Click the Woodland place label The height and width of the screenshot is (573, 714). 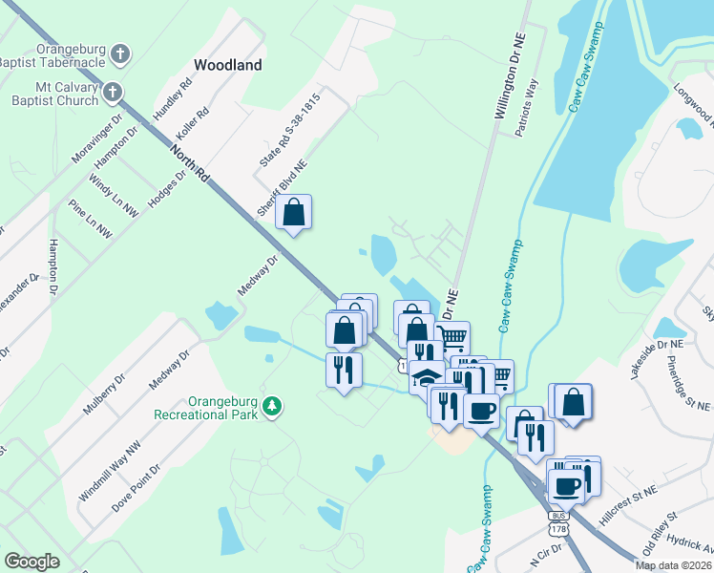227,65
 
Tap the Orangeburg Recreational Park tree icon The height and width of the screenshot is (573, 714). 273,407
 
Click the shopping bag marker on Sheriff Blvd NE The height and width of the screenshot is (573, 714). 294,214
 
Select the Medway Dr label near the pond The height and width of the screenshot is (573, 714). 258,276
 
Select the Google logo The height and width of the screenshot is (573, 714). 31,561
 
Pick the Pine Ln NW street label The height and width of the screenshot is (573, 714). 90,219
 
